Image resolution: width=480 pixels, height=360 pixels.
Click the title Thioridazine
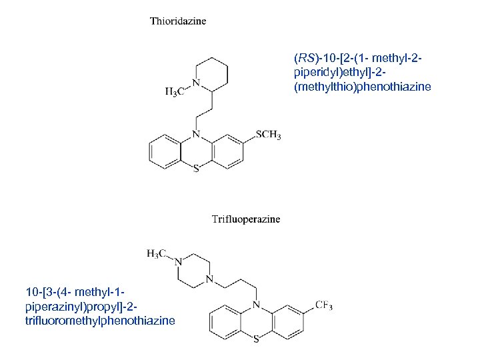click(x=178, y=21)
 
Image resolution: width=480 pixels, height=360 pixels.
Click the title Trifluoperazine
click(x=246, y=219)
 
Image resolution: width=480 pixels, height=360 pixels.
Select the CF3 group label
click(x=323, y=305)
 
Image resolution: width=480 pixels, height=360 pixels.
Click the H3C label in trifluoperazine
click(x=157, y=253)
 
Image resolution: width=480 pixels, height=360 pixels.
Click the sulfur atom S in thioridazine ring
click(x=195, y=169)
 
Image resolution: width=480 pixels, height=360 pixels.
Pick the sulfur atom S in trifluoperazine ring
click(x=257, y=339)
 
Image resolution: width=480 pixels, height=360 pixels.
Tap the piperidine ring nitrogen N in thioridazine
click(x=195, y=83)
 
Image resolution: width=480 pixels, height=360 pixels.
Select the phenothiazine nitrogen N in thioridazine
click(x=195, y=133)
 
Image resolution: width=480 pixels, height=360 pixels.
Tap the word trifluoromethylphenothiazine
click(x=100, y=321)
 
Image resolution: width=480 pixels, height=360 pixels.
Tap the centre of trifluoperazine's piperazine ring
click(x=193, y=271)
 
